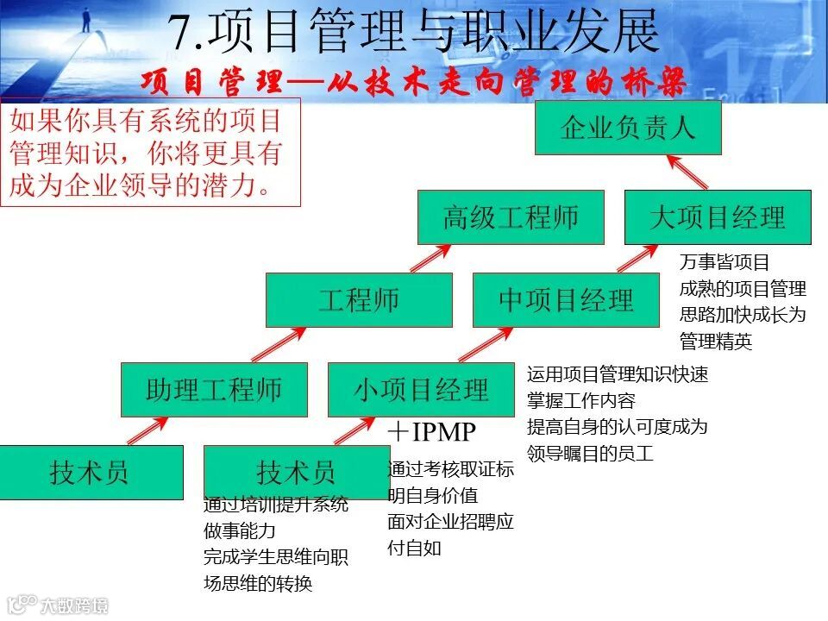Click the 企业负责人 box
pyautogui.click(x=627, y=129)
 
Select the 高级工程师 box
pyautogui.click(x=511, y=217)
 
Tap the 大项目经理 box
pyautogui.click(x=718, y=217)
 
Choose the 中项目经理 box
pyautogui.click(x=566, y=300)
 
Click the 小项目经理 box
pyautogui.click(x=421, y=390)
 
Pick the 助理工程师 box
pyautogui.click(x=214, y=390)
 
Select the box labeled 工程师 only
pyautogui.click(x=359, y=300)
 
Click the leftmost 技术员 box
pyautogui.click(x=91, y=473)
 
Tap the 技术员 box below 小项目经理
pyautogui.click(x=297, y=473)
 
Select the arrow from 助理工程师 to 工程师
pyautogui.click(x=280, y=344)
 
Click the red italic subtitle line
pyautogui.click(x=414, y=83)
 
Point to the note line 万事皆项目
pyautogui.click(x=724, y=262)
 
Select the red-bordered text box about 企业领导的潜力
pyautogui.click(x=150, y=152)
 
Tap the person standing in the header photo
pyautogui.click(x=86, y=19)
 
